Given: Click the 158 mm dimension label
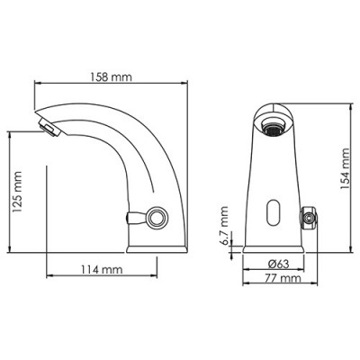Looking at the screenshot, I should tap(114, 77).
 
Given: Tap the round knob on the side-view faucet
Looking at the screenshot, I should tap(158, 217).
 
